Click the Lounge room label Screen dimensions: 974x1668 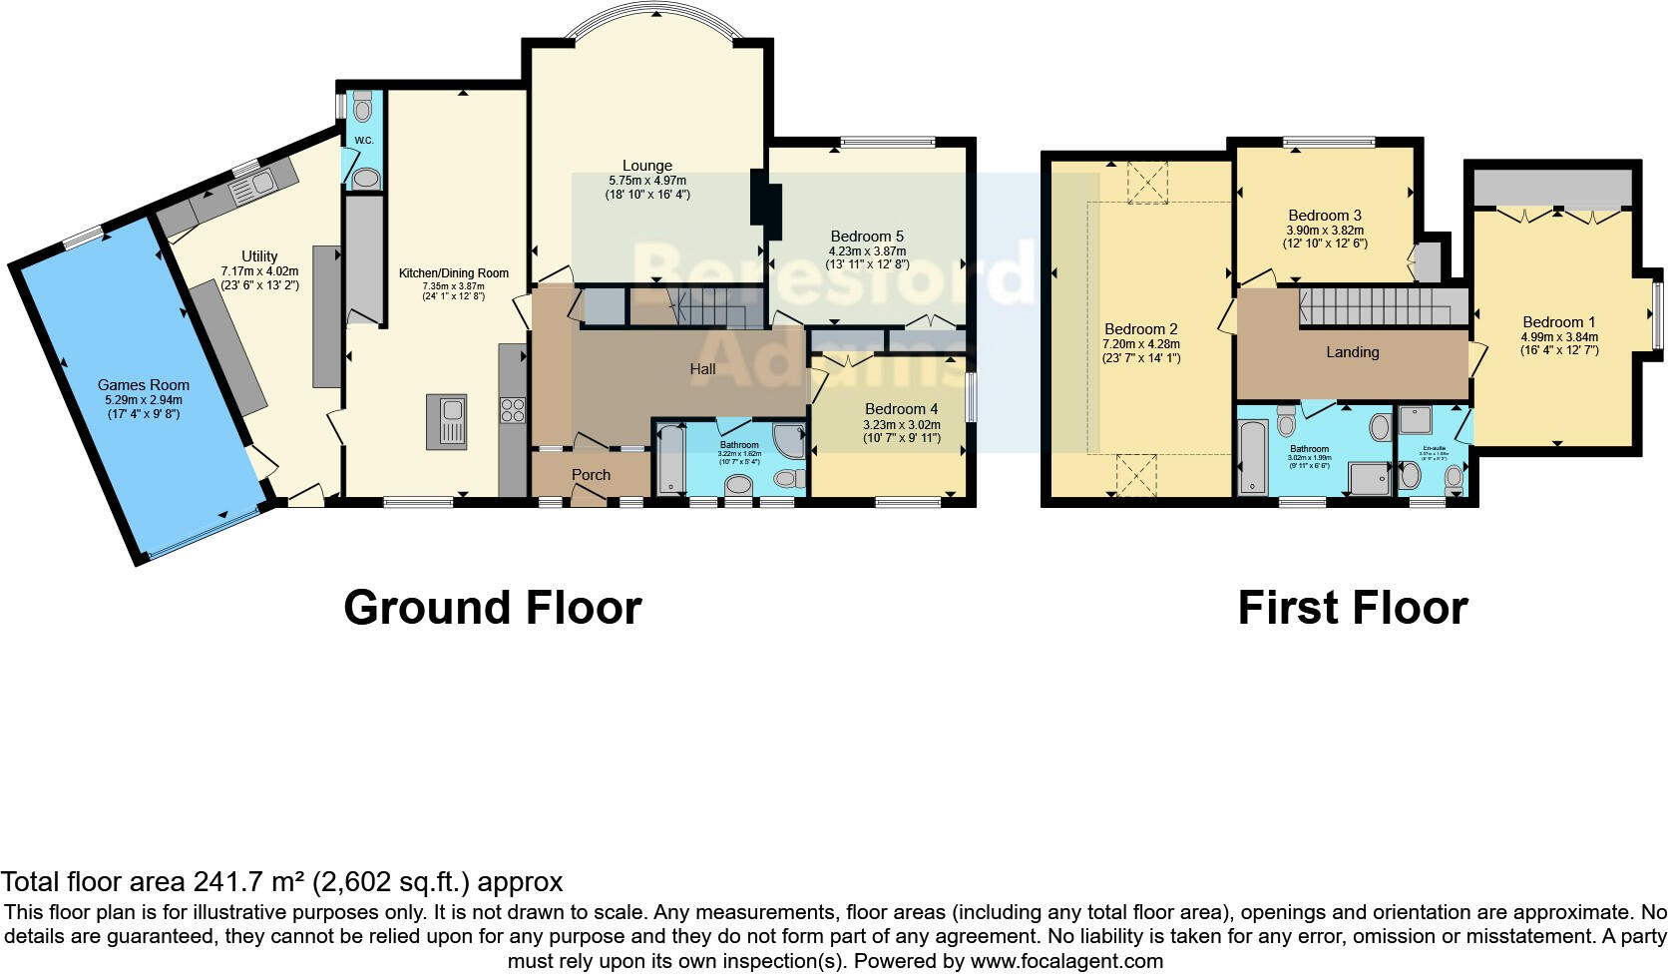pyautogui.click(x=647, y=166)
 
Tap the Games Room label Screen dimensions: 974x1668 pyautogui.click(x=144, y=385)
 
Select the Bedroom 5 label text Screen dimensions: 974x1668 pyautogui.click(x=867, y=237)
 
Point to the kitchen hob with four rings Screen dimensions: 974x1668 pyautogui.click(x=512, y=410)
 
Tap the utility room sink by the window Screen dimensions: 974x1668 pyautogui.click(x=250, y=187)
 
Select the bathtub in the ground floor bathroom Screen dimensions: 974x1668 pyautogui.click(x=670, y=460)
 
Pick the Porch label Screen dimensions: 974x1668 pyautogui.click(x=591, y=475)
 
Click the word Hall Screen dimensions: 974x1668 pyautogui.click(x=702, y=369)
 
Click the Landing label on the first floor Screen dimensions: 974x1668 pyautogui.click(x=1352, y=352)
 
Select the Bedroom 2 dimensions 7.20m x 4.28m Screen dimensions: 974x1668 pyautogui.click(x=1141, y=344)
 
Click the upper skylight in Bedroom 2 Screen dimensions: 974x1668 pyautogui.click(x=1147, y=182)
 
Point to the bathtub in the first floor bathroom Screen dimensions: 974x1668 pyautogui.click(x=1251, y=457)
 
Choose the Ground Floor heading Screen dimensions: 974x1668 pyautogui.click(x=492, y=608)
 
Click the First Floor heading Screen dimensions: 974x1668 pyautogui.click(x=1352, y=608)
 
